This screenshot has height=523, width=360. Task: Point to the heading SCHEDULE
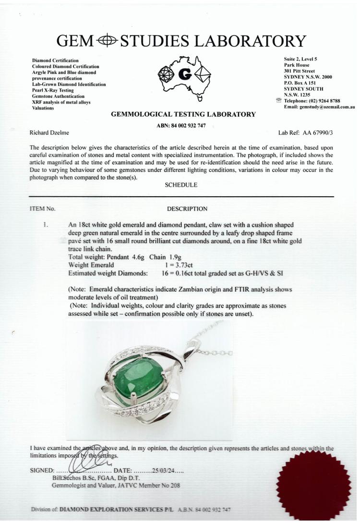[x=180, y=185]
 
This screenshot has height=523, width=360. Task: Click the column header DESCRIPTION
[x=187, y=209]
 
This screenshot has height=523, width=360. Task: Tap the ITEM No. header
[x=42, y=209]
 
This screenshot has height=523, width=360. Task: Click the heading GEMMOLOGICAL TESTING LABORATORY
[x=183, y=114]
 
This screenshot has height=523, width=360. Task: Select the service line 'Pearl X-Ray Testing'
[x=54, y=90]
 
